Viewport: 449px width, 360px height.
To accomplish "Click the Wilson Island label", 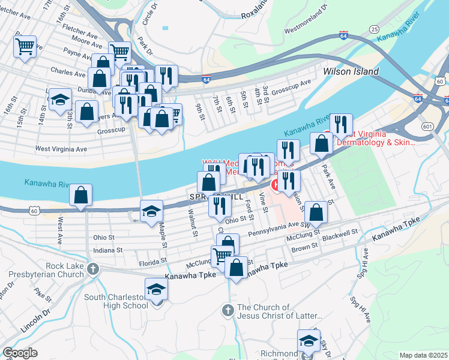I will (351, 71).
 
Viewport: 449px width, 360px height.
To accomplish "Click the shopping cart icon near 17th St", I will (25, 46).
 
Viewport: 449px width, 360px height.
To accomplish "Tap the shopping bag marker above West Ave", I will (80, 195).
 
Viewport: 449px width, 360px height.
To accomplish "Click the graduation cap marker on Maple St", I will (151, 211).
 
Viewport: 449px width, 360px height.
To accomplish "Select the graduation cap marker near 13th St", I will (60, 100).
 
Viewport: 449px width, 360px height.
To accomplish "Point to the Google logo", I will (20, 353).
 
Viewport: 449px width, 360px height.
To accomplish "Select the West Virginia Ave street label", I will (61, 148).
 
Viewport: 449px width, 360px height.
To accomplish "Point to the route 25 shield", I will (374, 29).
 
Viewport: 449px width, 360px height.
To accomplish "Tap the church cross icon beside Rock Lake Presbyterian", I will (92, 268).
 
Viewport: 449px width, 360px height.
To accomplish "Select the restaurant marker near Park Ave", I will (341, 125).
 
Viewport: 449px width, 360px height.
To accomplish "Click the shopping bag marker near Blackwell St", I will (316, 212).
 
